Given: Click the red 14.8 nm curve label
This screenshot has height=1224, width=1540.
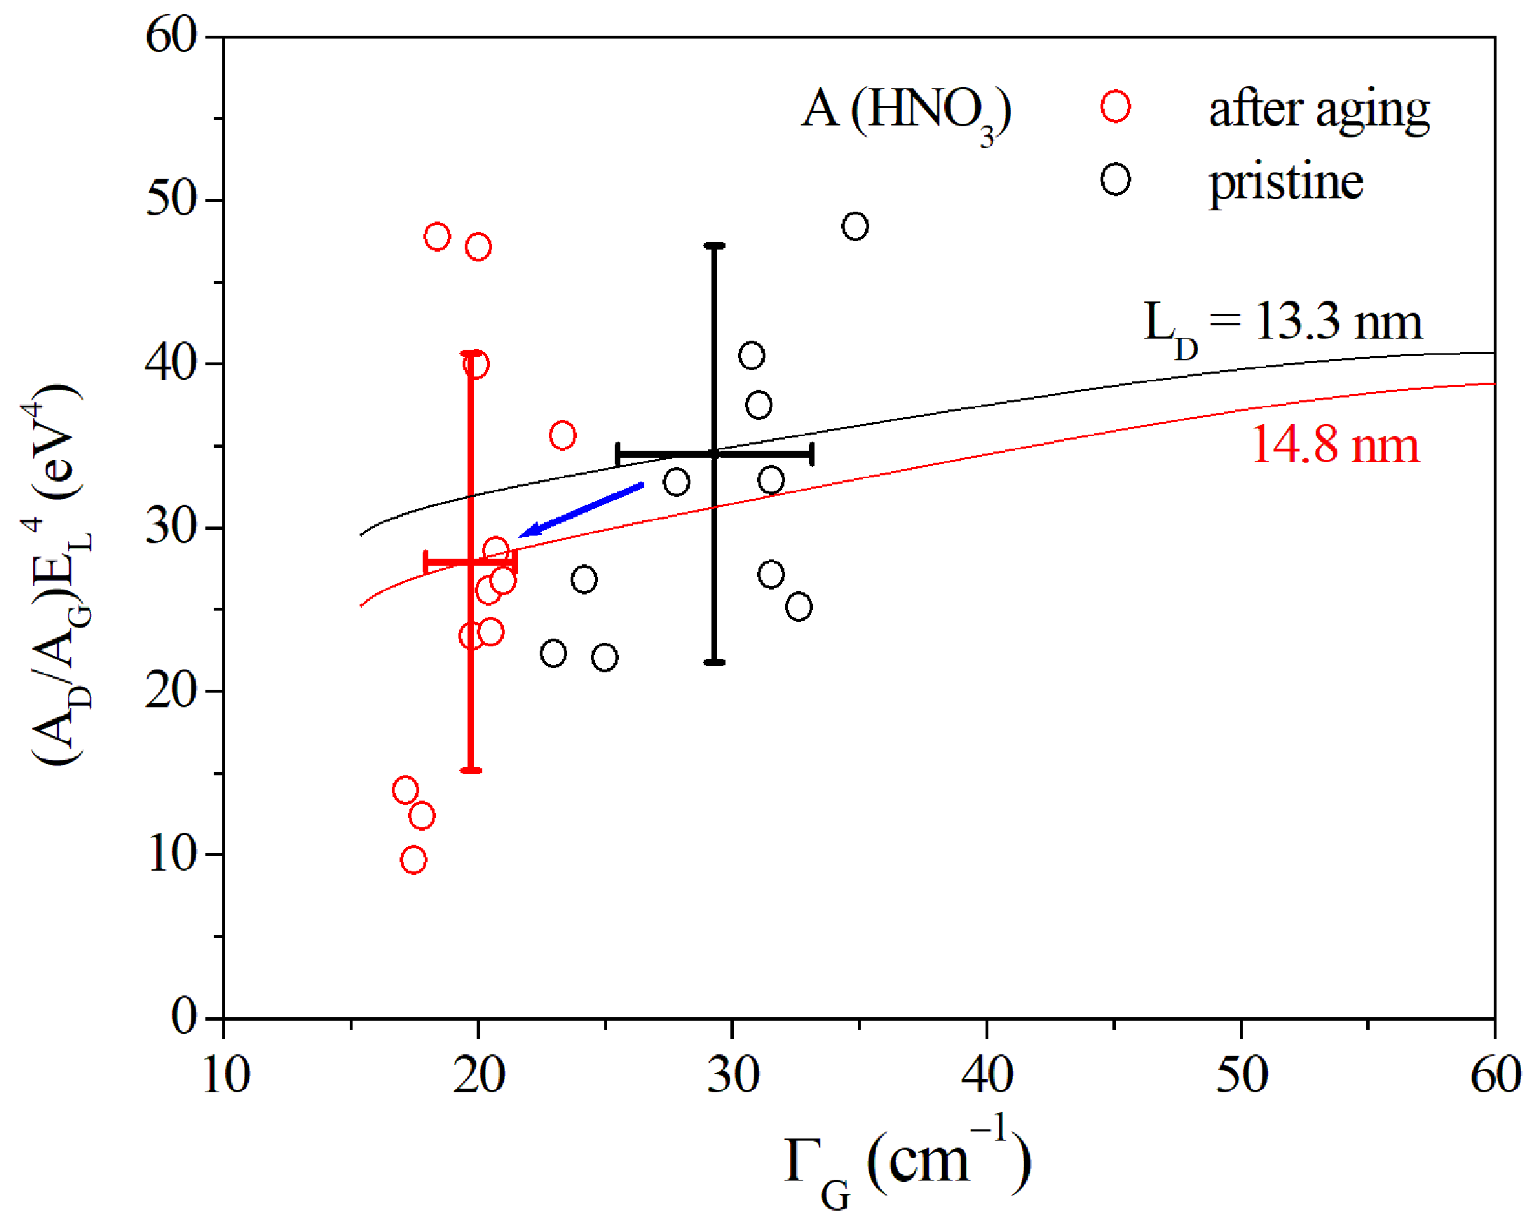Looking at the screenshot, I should tap(1335, 446).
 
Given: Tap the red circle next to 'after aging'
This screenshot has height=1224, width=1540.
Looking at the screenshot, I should tap(1115, 107).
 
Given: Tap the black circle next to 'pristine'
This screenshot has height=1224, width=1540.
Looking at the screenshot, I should tap(1115, 179).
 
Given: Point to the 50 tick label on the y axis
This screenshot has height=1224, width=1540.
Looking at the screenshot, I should tap(171, 199).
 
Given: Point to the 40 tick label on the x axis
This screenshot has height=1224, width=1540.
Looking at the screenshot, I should tap(986, 1074).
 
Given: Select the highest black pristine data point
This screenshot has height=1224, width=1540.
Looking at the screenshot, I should tap(855, 226).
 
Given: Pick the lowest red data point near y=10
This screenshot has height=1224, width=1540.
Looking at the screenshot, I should tap(414, 859).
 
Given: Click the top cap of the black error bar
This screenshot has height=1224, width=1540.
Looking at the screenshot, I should tap(714, 246).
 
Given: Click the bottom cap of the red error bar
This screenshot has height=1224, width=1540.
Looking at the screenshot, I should tap(471, 770).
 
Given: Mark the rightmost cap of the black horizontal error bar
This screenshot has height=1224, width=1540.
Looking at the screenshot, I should tap(812, 454).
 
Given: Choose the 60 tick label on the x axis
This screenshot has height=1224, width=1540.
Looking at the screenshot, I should tap(1496, 1074).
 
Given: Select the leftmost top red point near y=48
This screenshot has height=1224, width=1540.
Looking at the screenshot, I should tap(437, 236).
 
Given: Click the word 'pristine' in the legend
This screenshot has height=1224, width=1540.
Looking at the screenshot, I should tap(1286, 183).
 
